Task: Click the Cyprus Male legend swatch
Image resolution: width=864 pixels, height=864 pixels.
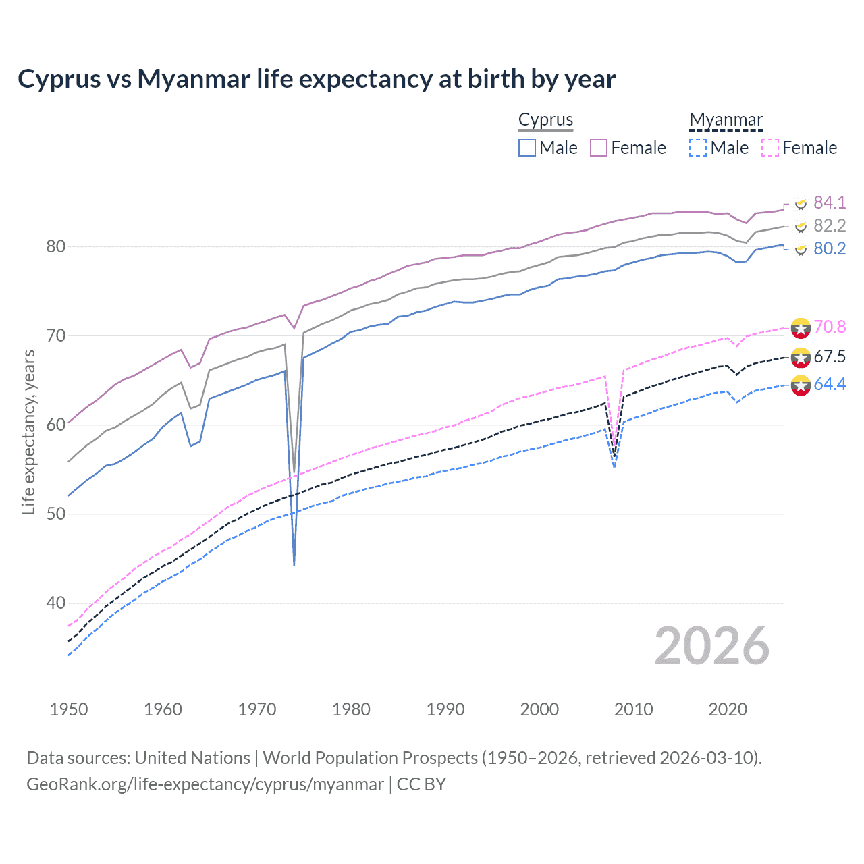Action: [527, 148]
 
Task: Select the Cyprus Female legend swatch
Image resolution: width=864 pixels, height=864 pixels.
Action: [599, 148]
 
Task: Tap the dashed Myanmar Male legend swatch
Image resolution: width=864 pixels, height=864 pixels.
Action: [698, 148]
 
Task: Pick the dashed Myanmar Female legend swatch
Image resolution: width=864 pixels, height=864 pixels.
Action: [770, 148]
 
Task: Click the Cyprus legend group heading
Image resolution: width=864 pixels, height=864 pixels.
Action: [545, 120]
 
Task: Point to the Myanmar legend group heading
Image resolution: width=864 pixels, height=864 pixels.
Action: [726, 120]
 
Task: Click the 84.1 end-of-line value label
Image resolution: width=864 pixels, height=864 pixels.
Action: [830, 202]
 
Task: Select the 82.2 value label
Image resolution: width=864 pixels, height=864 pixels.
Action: [830, 225]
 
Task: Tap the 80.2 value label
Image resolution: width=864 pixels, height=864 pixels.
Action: [830, 248]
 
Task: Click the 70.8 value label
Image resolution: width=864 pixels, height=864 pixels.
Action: [830, 327]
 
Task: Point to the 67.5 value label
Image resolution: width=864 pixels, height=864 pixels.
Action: [830, 356]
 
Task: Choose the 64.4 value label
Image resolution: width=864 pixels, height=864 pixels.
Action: [830, 384]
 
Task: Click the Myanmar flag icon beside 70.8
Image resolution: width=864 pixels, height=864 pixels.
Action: [801, 327]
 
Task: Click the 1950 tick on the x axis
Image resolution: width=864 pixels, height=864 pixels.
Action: [69, 709]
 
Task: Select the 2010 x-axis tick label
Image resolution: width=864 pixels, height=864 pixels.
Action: [633, 709]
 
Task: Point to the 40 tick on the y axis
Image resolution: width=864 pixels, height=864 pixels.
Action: [55, 603]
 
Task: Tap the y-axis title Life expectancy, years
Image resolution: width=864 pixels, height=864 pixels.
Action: [28, 432]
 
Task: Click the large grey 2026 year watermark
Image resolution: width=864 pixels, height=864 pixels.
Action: [711, 646]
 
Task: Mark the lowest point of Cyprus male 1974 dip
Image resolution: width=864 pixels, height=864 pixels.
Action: [294, 564]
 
